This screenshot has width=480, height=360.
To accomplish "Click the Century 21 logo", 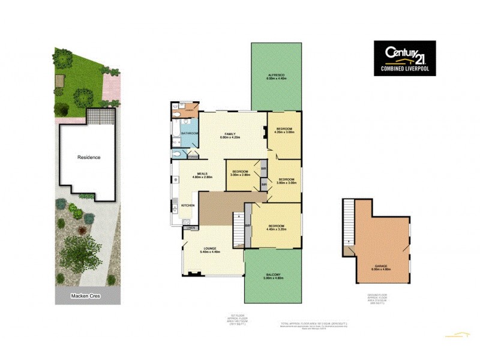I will pyautogui.click(x=405, y=58).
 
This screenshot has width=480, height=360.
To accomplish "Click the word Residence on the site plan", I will pyautogui.click(x=89, y=157).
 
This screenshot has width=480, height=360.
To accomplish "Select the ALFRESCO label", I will pyautogui.click(x=276, y=75).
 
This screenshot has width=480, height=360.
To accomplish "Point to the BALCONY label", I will pyautogui.click(x=272, y=274).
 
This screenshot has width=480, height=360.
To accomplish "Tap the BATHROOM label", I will pyautogui.click(x=190, y=133).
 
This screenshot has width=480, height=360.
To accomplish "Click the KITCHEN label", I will pyautogui.click(x=188, y=206).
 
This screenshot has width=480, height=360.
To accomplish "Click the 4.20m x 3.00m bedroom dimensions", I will pyautogui.click(x=284, y=133).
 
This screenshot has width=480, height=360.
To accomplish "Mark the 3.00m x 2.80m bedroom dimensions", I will pyautogui.click(x=241, y=176).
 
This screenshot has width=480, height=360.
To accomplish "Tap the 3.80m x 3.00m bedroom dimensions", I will pyautogui.click(x=287, y=183).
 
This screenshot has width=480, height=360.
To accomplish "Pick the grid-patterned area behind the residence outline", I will pyautogui.click(x=100, y=115).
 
